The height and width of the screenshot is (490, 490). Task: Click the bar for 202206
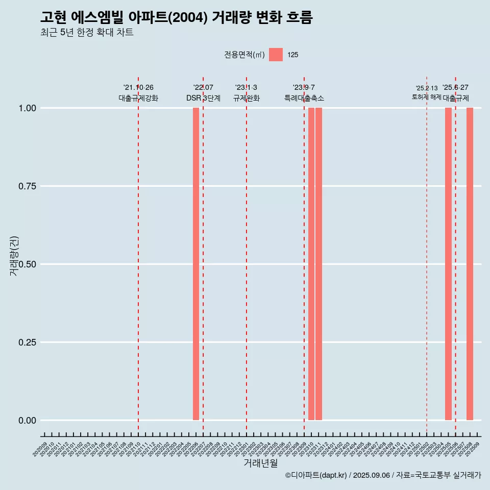(x=196, y=264)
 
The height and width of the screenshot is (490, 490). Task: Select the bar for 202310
(x=311, y=264)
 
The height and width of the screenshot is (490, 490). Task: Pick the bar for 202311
(x=318, y=264)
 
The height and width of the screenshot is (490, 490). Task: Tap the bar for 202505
(x=448, y=264)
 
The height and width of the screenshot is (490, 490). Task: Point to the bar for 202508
(x=470, y=264)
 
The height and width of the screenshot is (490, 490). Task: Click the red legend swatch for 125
(x=276, y=55)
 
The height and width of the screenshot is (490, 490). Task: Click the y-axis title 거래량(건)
(x=14, y=256)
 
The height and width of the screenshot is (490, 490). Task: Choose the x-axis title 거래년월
(x=260, y=463)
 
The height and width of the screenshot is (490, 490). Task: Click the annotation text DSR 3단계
(x=203, y=98)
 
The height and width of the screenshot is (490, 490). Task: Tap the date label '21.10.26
(x=138, y=88)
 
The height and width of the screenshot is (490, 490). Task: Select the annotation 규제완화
(x=247, y=98)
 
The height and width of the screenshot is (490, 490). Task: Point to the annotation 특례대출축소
(x=304, y=98)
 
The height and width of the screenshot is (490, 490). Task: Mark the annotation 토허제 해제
(x=427, y=97)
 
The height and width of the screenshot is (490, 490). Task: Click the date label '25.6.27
(x=455, y=88)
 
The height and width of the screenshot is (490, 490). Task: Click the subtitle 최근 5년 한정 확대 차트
(x=87, y=33)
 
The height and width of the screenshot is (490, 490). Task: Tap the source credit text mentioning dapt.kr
(x=383, y=475)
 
